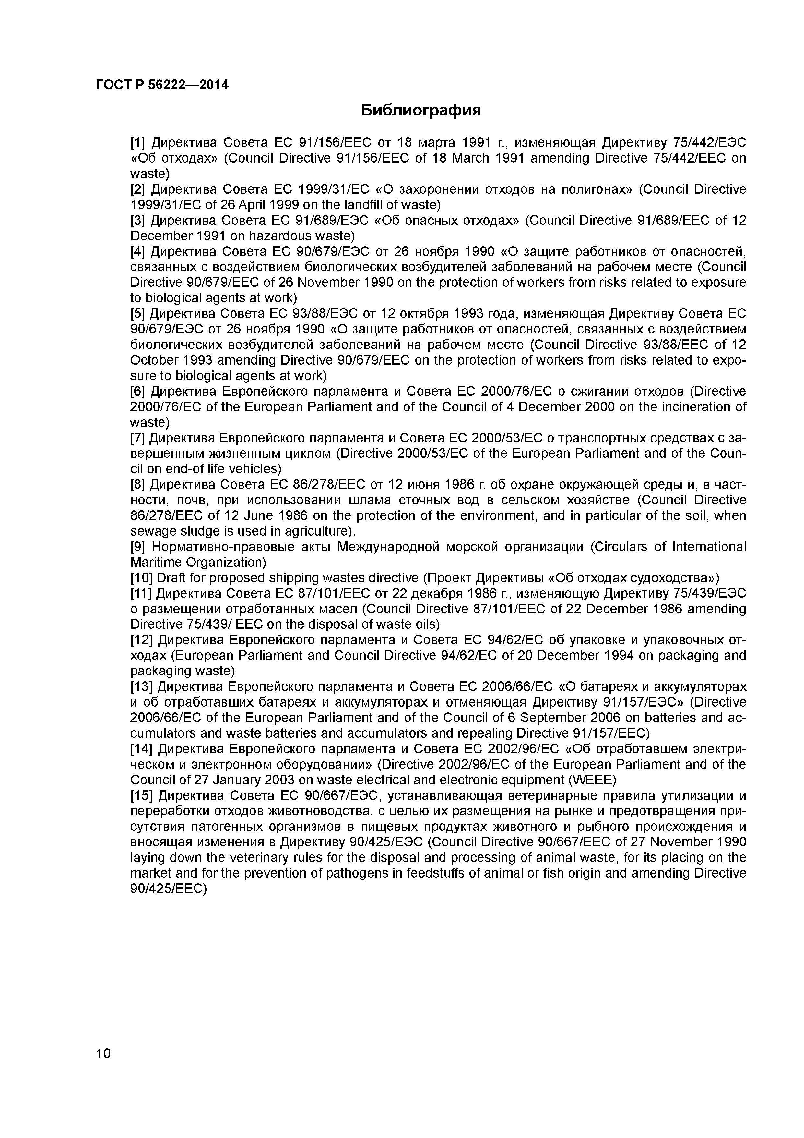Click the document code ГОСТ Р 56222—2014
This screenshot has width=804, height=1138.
point(162,85)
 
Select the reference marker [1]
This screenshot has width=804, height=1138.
point(138,143)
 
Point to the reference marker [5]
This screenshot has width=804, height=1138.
point(138,314)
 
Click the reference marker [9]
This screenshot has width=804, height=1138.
point(138,547)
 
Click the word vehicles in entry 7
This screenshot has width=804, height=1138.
point(255,469)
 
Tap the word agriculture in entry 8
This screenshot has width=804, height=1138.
point(317,531)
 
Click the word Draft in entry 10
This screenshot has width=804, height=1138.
point(171,578)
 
